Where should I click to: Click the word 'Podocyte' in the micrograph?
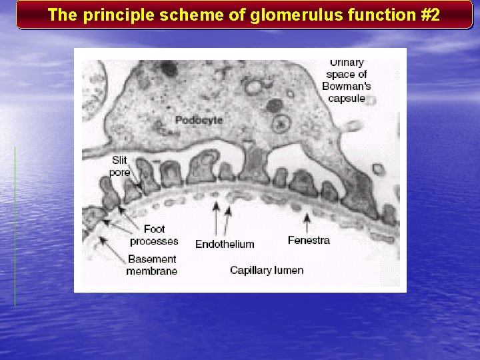click(x=199, y=120)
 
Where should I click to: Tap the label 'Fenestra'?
click(x=309, y=240)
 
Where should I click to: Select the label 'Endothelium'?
click(x=225, y=244)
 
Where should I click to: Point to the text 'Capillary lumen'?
click(x=267, y=270)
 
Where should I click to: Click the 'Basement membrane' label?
click(x=151, y=265)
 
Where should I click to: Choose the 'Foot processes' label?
click(x=154, y=235)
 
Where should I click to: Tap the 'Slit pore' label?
click(x=120, y=166)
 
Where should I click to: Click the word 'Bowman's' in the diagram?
click(x=346, y=86)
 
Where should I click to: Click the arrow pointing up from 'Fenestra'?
click(x=307, y=222)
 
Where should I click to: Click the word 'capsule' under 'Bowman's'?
click(x=346, y=98)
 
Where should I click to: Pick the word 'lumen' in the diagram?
click(x=289, y=270)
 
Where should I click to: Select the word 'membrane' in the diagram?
click(x=151, y=271)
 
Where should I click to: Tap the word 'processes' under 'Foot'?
click(x=154, y=241)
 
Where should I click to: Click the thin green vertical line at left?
click(x=15, y=227)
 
